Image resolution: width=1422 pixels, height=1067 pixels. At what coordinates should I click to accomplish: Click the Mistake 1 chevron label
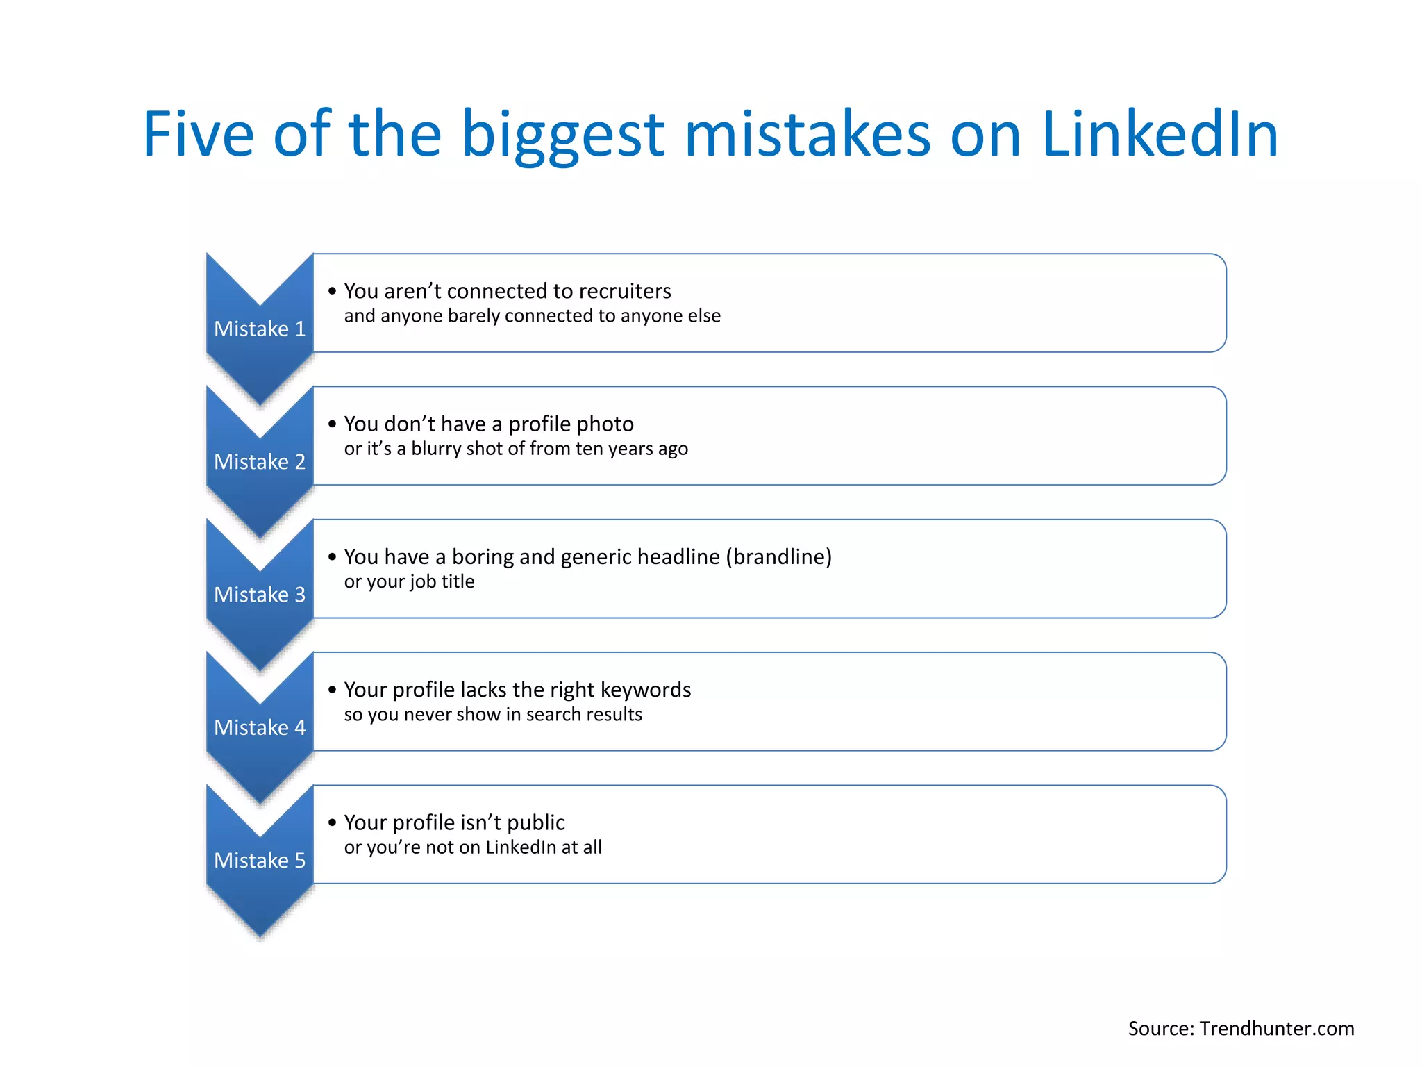[260, 329]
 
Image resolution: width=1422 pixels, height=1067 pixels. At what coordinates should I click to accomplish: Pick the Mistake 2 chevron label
[260, 462]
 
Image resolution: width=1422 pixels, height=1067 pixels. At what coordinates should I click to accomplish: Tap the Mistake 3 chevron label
[260, 595]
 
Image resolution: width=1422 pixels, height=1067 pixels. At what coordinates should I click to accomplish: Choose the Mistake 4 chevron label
[260, 727]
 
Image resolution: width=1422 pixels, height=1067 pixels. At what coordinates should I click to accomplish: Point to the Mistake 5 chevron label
[260, 861]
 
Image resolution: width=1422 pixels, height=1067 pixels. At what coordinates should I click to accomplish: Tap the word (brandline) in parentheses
[778, 557]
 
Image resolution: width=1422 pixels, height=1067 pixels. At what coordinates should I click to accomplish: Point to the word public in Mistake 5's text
[536, 823]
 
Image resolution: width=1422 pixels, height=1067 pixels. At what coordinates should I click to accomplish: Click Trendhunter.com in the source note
[1277, 1029]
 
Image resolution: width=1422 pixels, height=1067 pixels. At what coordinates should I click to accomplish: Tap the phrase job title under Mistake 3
[442, 581]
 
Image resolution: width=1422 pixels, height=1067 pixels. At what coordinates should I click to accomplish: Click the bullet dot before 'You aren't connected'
[333, 291]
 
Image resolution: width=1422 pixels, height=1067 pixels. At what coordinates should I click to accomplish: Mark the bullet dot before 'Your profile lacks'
[333, 690]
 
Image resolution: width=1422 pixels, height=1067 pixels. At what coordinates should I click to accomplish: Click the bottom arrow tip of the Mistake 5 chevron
[260, 935]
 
